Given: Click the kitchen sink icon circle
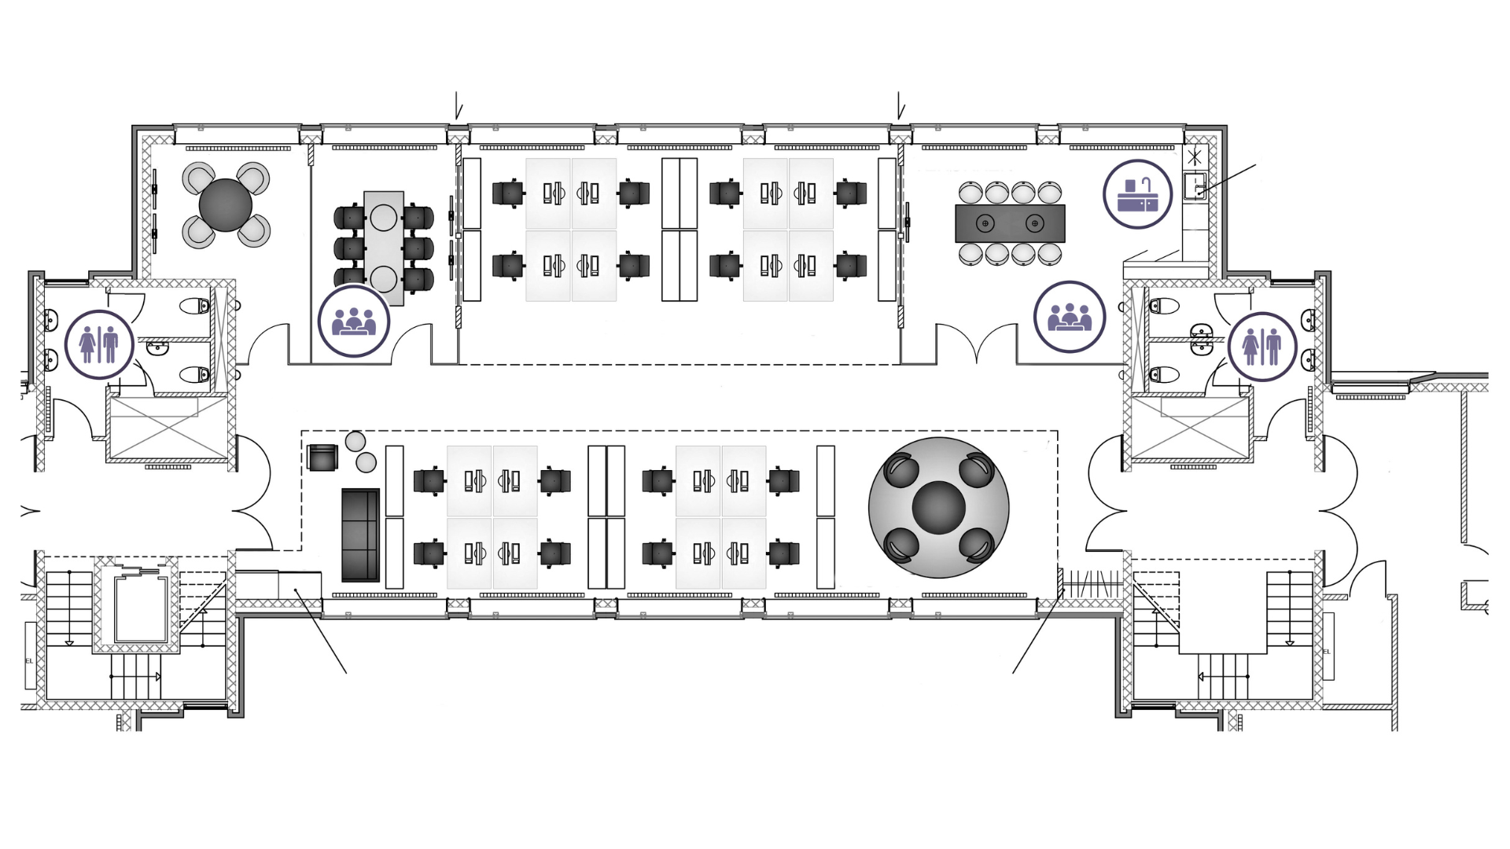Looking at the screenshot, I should [1137, 194].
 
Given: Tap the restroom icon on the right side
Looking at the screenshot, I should [1261, 346].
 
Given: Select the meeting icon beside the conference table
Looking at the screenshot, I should [354, 322].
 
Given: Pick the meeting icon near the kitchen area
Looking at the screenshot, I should [1070, 317].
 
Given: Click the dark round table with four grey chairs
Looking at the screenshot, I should [226, 204].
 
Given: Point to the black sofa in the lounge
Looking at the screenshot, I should [360, 535].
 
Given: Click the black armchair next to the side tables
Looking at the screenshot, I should [322, 458].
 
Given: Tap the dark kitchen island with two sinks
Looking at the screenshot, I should [1010, 223].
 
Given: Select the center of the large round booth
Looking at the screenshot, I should [938, 507].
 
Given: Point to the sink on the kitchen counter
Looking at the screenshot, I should [1195, 187].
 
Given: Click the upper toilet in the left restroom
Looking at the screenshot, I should [191, 305].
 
